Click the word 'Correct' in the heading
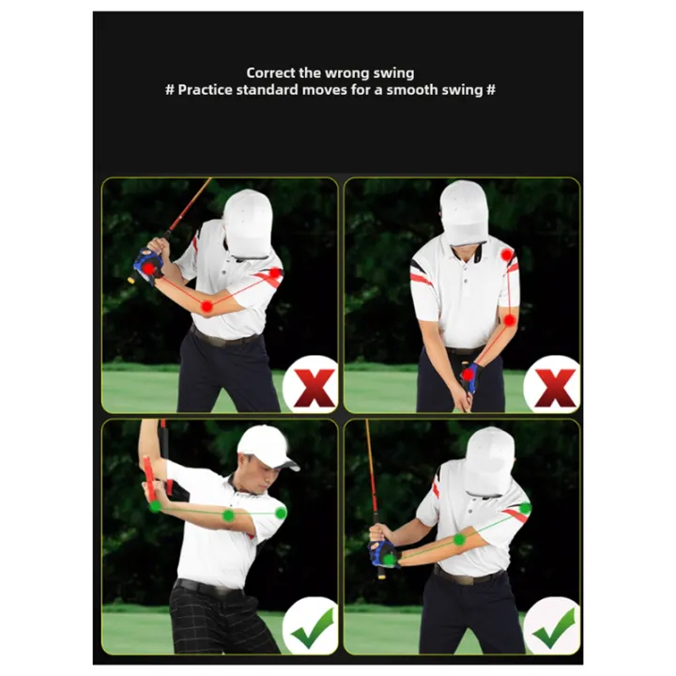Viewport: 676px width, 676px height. point(269,72)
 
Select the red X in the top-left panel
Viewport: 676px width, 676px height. point(313,387)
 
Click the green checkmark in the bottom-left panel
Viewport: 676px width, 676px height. point(312,626)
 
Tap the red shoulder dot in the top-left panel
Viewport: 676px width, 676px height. point(274,273)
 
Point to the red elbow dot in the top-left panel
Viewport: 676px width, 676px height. point(207,306)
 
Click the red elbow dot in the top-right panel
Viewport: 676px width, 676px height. point(509,320)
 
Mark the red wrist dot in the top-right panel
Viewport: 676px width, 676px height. point(468,375)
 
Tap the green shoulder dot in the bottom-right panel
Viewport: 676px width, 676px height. point(525,508)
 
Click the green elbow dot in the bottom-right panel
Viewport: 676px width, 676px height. point(459,539)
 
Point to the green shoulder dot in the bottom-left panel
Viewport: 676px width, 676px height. point(280,513)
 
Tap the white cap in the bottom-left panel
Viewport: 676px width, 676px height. point(265,444)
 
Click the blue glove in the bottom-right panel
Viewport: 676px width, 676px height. point(384,553)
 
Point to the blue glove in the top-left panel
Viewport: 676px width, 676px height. point(147,266)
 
